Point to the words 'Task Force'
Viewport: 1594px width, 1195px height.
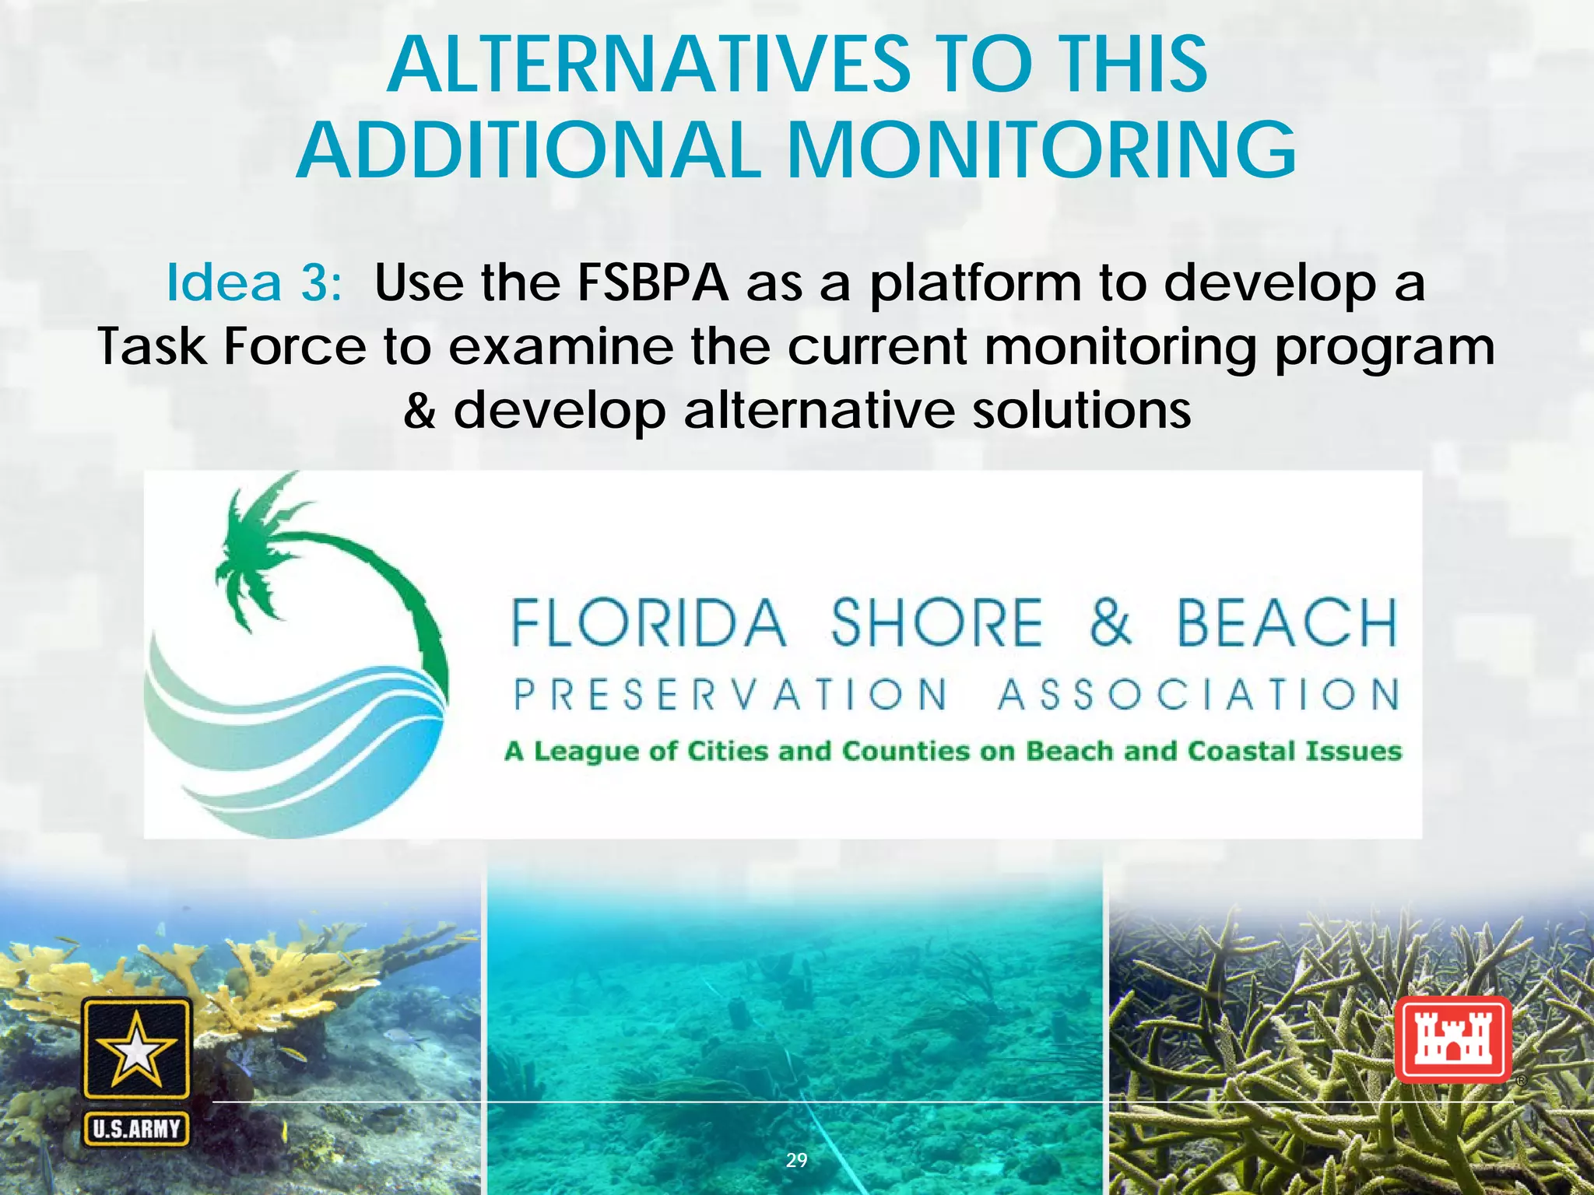pos(231,347)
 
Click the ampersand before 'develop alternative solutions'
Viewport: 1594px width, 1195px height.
pos(420,410)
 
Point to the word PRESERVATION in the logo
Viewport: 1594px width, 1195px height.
pos(731,694)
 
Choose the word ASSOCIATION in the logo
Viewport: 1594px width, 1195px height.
pos(1199,694)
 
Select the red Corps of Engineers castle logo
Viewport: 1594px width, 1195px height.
pos(1452,1039)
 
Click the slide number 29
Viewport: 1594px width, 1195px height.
pos(796,1160)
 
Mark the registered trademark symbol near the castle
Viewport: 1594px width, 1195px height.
pos(1520,1081)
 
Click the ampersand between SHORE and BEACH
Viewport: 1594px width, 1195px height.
pos(1110,623)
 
